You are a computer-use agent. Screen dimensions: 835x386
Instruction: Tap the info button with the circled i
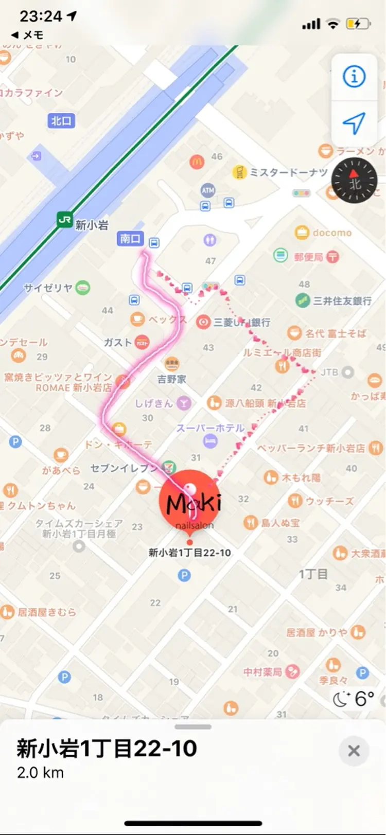coord(354,77)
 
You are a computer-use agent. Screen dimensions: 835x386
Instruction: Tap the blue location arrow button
coord(354,123)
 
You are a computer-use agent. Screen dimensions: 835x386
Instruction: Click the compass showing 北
coord(354,181)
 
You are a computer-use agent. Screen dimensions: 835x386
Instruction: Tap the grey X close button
coord(354,751)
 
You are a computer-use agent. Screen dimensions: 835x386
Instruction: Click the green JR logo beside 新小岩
coord(65,220)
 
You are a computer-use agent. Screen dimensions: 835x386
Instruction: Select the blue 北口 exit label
coord(61,121)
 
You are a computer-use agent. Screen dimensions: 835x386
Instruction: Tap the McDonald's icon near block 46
coord(197,162)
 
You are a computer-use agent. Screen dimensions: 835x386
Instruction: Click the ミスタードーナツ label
coord(288,172)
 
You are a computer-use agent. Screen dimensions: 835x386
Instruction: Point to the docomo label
coord(332,233)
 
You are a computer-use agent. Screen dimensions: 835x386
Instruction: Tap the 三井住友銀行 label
coord(342,301)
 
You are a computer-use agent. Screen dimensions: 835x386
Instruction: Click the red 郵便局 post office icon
coord(332,256)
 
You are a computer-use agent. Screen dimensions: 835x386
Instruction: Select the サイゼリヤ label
coord(48,288)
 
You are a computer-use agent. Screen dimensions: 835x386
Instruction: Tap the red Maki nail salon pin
coord(190,502)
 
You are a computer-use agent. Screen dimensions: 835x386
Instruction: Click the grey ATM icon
coord(208,190)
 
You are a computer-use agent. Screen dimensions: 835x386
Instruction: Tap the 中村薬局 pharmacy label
coord(262,672)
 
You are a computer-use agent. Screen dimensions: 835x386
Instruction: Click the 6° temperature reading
coord(364,699)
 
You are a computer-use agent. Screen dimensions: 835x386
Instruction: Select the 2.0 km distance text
coord(40,773)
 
